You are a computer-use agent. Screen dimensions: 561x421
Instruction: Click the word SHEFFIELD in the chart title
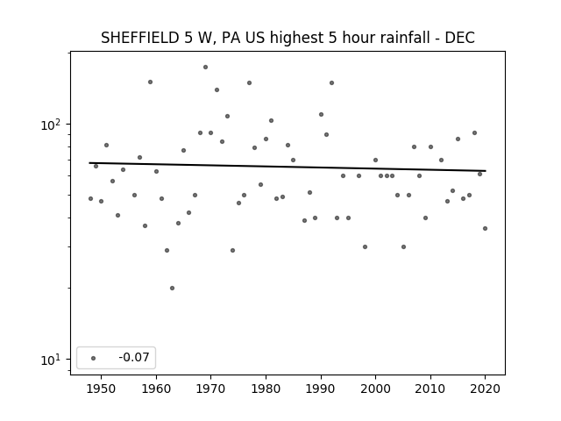(x=140, y=38)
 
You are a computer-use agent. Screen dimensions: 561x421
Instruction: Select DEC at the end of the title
(x=459, y=38)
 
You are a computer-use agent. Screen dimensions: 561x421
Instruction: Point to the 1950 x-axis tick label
(x=102, y=389)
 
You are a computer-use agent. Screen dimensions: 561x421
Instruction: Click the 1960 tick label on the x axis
(x=156, y=389)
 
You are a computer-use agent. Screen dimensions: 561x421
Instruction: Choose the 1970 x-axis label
(x=211, y=389)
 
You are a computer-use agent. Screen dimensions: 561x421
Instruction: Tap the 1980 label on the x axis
(x=266, y=389)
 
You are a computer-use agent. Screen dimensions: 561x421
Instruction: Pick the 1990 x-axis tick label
(x=321, y=389)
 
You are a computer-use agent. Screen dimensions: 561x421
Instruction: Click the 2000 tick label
(x=376, y=389)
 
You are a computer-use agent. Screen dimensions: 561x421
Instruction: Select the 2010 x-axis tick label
(x=430, y=389)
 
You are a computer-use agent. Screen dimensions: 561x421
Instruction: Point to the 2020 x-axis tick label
(x=485, y=389)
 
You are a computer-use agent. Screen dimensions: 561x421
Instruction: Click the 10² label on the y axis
(x=51, y=125)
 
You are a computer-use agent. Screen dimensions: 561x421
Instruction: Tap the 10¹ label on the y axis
(x=51, y=360)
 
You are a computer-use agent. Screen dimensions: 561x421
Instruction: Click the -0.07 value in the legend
(x=134, y=357)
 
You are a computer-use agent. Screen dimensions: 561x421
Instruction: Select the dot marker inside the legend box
(x=94, y=358)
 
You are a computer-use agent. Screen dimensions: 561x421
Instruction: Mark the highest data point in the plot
(x=205, y=67)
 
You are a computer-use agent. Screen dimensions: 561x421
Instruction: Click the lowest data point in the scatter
(x=172, y=288)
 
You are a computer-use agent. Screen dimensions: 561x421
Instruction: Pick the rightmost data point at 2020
(x=485, y=228)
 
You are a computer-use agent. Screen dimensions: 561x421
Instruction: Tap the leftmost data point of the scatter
(x=90, y=198)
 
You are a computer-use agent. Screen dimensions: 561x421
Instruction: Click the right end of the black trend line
(x=486, y=171)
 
